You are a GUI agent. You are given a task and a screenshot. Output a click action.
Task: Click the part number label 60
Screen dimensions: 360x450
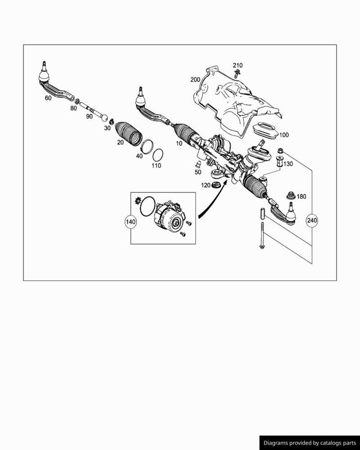48,98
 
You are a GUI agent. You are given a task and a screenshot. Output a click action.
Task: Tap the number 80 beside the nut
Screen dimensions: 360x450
73,108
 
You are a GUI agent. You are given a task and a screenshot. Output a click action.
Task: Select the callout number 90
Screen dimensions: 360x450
89,116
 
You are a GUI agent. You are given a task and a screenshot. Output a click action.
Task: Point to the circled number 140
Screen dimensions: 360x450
130,222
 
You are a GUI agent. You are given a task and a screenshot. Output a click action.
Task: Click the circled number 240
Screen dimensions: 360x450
312,220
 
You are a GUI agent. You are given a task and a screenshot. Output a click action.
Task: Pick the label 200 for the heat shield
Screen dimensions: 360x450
195,80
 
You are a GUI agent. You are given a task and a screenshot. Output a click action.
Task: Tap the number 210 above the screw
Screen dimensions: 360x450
238,65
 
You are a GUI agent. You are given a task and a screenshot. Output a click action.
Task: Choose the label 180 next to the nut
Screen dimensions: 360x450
301,197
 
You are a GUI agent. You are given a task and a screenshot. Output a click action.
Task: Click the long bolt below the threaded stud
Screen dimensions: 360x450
262,235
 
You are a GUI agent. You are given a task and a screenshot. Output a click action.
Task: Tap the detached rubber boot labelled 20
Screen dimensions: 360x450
128,135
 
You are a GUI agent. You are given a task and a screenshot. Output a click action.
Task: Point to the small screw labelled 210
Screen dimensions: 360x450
237,73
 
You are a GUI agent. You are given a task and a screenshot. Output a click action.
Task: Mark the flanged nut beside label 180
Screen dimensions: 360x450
291,195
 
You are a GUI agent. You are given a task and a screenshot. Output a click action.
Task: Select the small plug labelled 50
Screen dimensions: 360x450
198,165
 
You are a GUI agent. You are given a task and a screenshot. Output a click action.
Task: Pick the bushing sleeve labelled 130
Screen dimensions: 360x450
279,162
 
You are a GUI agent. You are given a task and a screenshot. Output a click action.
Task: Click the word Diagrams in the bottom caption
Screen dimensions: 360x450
275,443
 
